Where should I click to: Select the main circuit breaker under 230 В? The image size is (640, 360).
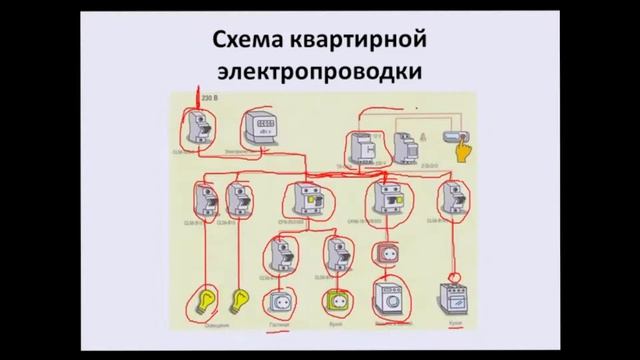[197, 127]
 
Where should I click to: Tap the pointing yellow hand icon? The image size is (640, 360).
[462, 150]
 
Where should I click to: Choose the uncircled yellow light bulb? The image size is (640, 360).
[240, 299]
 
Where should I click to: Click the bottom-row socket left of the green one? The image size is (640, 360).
[277, 300]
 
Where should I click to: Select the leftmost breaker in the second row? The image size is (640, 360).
[206, 199]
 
